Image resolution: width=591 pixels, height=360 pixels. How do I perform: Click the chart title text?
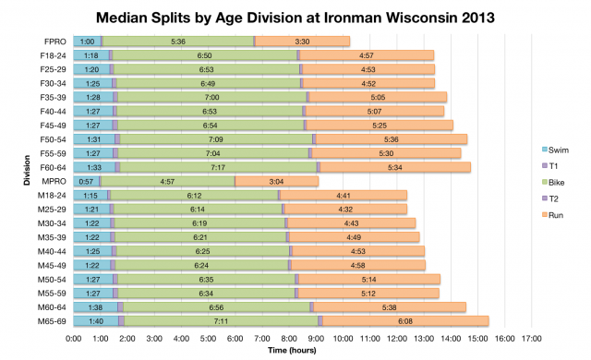click(295, 16)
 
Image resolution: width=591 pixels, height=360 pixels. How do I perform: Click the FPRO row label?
click(56, 42)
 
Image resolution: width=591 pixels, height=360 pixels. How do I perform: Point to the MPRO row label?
click(55, 181)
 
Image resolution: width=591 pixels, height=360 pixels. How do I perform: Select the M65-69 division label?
click(54, 320)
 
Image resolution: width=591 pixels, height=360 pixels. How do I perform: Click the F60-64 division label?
click(54, 167)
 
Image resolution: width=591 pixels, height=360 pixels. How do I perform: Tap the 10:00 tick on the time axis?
click(343, 339)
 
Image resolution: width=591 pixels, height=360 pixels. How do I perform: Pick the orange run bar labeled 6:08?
click(405, 320)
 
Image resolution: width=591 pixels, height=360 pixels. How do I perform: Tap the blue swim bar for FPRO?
click(87, 42)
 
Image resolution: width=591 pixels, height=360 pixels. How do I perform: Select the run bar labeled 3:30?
click(302, 42)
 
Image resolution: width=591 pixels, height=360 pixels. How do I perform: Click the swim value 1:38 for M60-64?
click(95, 306)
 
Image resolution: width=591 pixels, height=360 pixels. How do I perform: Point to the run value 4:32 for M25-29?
click(345, 209)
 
